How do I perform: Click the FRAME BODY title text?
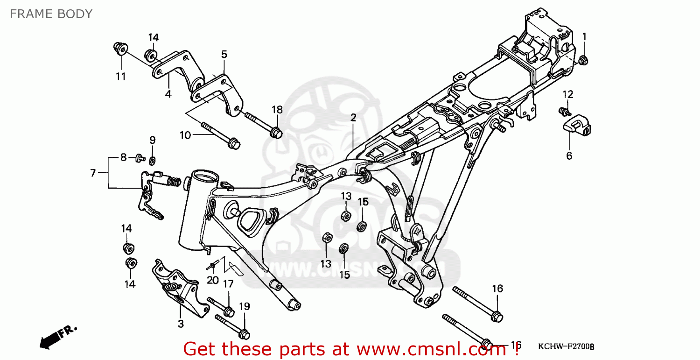pyautogui.click(x=51, y=14)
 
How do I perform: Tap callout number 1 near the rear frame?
pyautogui.click(x=584, y=36)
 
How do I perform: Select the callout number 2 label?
pyautogui.click(x=353, y=118)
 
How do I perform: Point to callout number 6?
pyautogui.click(x=569, y=156)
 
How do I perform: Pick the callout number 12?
pyautogui.click(x=567, y=95)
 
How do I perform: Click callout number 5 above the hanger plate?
pyautogui.click(x=224, y=55)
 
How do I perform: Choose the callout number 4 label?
pyautogui.click(x=168, y=94)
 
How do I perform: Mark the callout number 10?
pyautogui.click(x=185, y=135)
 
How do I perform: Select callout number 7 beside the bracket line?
pyautogui.click(x=93, y=173)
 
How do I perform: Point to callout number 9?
pyautogui.click(x=152, y=140)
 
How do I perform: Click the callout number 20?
pyautogui.click(x=212, y=280)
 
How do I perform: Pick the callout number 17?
pyautogui.click(x=228, y=284)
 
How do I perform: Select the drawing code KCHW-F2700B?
pyautogui.click(x=566, y=346)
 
